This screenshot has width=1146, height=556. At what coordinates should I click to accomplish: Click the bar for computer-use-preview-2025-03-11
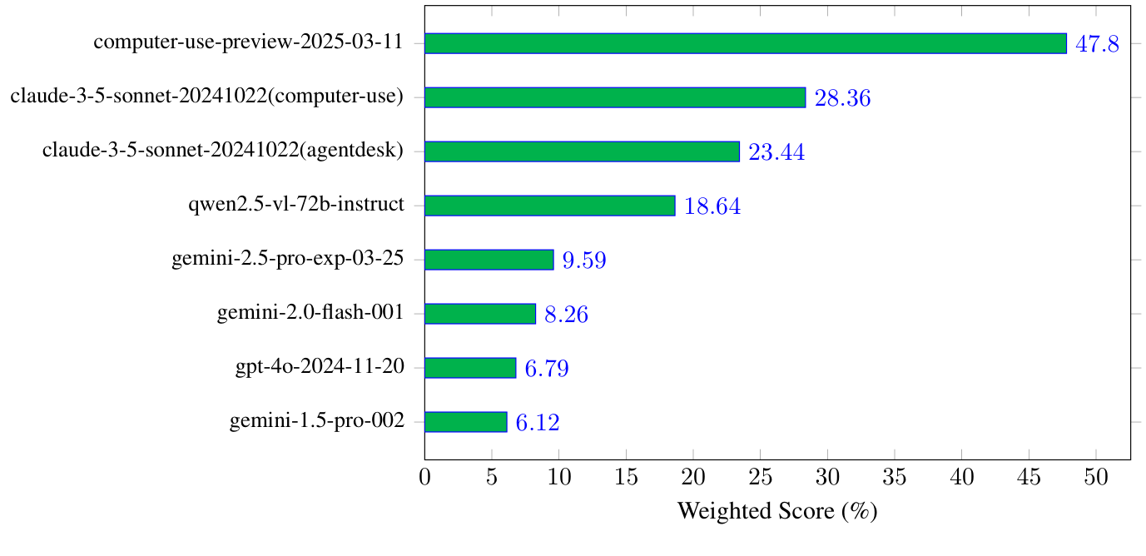click(x=745, y=43)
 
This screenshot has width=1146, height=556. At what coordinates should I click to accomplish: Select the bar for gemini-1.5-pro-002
click(x=465, y=422)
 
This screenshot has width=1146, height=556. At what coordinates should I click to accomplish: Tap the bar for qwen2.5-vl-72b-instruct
click(x=549, y=206)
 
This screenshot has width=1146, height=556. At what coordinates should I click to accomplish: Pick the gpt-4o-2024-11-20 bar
click(x=470, y=368)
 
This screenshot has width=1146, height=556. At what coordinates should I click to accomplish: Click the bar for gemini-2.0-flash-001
click(x=480, y=314)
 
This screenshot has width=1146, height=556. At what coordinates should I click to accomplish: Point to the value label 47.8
click(x=1097, y=45)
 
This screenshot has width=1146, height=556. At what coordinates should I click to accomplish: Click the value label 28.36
click(x=842, y=99)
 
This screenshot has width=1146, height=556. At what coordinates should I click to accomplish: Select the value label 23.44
click(x=776, y=153)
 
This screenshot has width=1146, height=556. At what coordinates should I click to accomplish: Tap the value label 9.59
click(x=583, y=261)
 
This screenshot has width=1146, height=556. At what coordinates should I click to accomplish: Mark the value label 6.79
click(x=546, y=370)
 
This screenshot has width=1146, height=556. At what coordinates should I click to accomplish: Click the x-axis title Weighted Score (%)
click(x=777, y=511)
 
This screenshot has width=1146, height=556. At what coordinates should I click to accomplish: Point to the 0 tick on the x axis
click(x=425, y=479)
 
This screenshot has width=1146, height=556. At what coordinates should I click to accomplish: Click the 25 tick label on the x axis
click(x=761, y=479)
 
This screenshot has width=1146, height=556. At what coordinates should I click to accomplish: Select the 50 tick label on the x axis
click(x=1096, y=479)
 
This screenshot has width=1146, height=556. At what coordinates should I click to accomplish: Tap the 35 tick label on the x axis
click(x=895, y=479)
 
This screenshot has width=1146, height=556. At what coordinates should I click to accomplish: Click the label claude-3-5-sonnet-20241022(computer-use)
click(x=207, y=97)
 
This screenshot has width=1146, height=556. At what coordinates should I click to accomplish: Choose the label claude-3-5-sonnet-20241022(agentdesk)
click(x=223, y=151)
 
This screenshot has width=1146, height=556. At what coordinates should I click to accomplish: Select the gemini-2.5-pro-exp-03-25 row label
click(x=288, y=260)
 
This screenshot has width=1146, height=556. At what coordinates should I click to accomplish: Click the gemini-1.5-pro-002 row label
click(x=317, y=422)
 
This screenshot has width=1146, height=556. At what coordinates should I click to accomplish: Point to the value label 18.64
click(x=712, y=207)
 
